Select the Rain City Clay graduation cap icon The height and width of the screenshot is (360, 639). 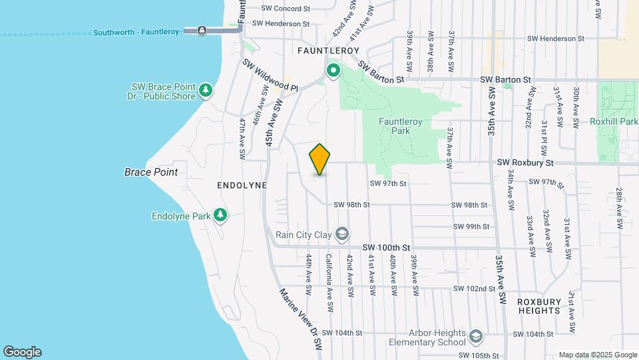coord(342,233)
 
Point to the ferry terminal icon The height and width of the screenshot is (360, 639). coord(201,31)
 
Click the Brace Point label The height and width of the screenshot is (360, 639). coord(151,172)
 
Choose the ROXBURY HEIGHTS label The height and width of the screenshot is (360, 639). coord(538,306)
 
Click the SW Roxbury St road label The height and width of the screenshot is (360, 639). coord(525,163)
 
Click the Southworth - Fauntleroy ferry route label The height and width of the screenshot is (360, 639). coord(136,32)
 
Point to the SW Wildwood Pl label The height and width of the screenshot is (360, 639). coord(269,75)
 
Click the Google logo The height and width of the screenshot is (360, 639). coord(22,352)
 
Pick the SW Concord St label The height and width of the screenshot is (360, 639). coord(286,9)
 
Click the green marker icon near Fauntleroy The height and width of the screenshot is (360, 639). coord(333,70)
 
